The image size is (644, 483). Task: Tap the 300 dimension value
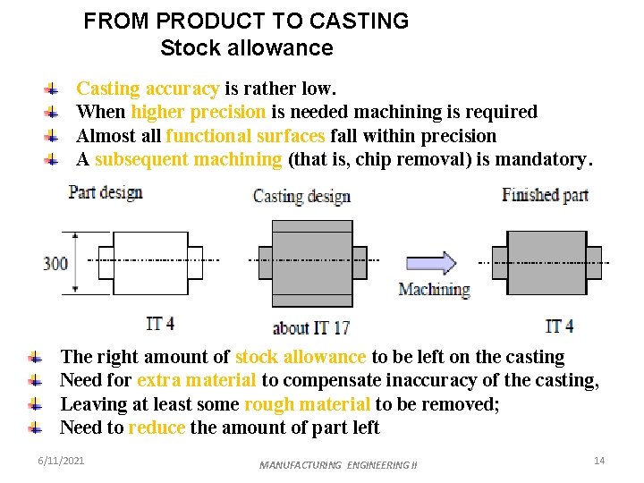coord(55,264)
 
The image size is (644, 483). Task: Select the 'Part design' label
coord(106,192)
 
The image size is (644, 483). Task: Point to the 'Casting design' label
coord(301,197)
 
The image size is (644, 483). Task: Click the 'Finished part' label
coord(545,194)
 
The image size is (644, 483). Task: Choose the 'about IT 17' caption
coord(311,327)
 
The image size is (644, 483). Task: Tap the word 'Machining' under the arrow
coord(434,289)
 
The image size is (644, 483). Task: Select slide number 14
coord(599,460)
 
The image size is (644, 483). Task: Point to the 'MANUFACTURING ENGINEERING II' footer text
coord(338,465)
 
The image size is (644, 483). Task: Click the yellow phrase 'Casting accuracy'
coord(148,89)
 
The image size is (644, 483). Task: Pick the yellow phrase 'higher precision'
coord(198,112)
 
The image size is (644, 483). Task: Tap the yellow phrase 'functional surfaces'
coord(245,136)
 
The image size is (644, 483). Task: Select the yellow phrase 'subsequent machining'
coord(188,159)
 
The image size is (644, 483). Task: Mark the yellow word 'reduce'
coord(157,428)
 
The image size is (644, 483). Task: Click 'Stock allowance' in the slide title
coord(246,48)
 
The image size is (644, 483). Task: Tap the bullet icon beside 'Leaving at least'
coord(35,404)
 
